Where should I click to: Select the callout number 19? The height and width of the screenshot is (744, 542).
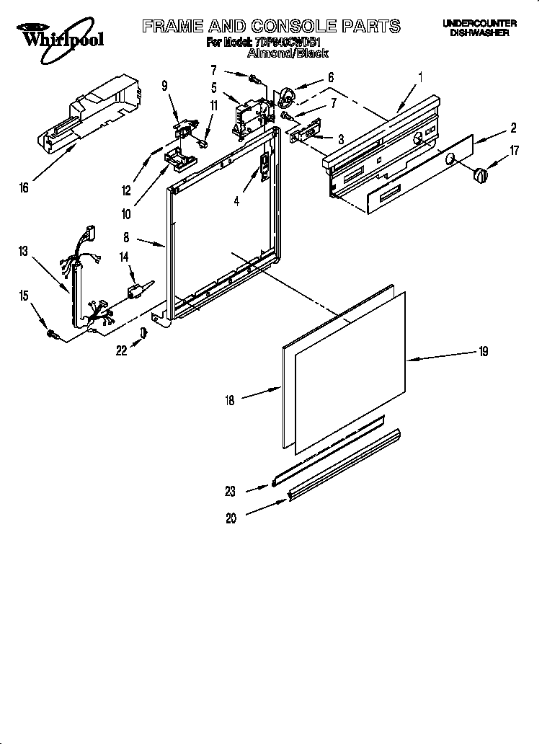(x=482, y=351)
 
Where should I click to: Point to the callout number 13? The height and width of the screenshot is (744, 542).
(x=25, y=252)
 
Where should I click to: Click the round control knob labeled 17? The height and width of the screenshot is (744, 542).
(x=478, y=174)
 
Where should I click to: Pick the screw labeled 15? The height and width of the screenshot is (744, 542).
(x=52, y=332)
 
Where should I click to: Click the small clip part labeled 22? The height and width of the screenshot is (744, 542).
(x=143, y=331)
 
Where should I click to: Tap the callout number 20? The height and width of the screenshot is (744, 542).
(x=231, y=518)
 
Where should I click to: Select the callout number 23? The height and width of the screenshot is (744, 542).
(x=231, y=492)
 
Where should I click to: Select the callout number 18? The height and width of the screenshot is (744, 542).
(x=230, y=401)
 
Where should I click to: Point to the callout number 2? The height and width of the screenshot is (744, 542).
(x=513, y=128)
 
